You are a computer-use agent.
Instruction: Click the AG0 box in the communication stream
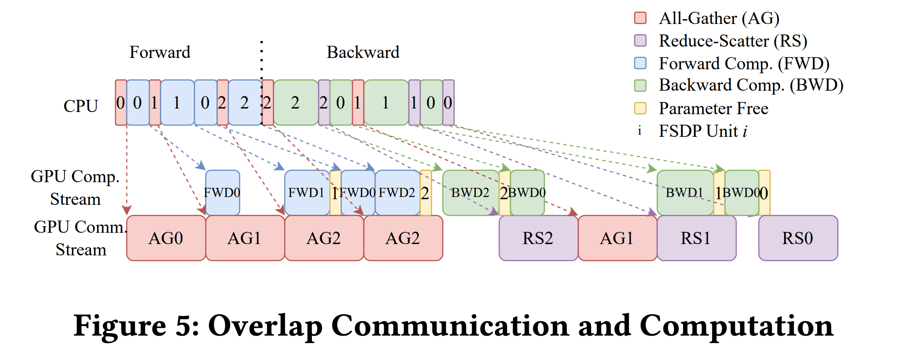[x=166, y=238]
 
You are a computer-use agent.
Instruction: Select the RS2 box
[x=538, y=238]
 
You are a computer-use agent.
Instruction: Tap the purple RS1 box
[x=696, y=238]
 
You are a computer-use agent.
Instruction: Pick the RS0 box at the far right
[x=798, y=238]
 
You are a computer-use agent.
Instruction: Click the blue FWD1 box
[x=307, y=192]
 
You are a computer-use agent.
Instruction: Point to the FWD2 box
[x=397, y=192]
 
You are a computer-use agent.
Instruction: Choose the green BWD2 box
[x=470, y=192]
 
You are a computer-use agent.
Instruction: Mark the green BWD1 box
[x=684, y=192]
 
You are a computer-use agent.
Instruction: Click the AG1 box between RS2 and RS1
[x=617, y=238]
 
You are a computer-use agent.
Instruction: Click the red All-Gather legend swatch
[x=640, y=18]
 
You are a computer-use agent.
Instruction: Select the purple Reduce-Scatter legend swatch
[x=640, y=41]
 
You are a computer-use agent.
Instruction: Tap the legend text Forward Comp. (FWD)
[x=744, y=64]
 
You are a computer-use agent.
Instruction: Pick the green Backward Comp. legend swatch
[x=640, y=85]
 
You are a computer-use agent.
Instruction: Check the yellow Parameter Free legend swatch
[x=640, y=108]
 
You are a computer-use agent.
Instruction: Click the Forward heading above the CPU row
[x=160, y=52]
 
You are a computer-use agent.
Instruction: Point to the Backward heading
[x=363, y=52]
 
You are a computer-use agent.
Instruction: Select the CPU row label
[x=81, y=106]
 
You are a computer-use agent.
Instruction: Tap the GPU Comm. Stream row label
[x=81, y=238]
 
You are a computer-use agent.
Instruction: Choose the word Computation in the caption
[x=736, y=326]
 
